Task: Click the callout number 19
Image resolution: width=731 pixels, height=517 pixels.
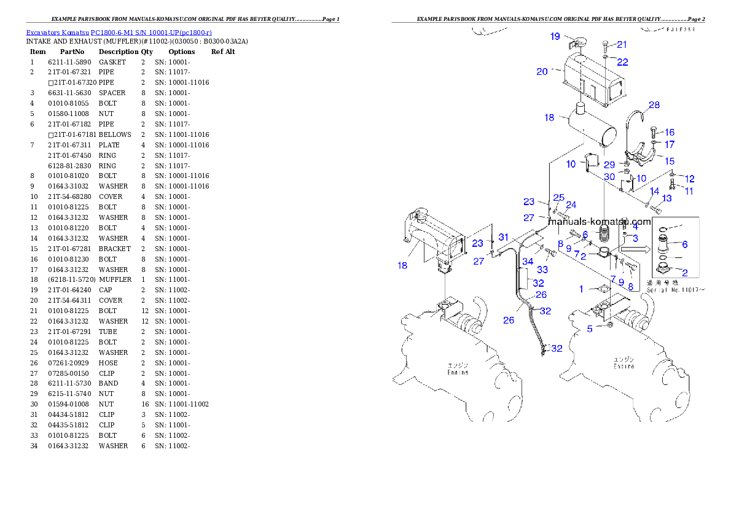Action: [555, 37]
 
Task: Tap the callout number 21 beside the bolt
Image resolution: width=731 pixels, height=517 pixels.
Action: [622, 44]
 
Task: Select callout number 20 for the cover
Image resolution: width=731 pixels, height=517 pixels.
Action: [542, 72]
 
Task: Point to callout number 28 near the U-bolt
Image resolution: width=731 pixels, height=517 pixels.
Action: [654, 105]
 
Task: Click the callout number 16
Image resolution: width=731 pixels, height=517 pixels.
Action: [669, 132]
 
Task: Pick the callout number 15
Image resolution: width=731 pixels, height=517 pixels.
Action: [669, 161]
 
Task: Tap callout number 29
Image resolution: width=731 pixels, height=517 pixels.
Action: [609, 165]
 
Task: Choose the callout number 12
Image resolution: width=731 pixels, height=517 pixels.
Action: [689, 179]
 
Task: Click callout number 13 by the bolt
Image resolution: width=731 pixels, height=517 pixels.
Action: [666, 198]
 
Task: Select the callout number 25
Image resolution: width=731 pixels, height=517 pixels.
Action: [558, 197]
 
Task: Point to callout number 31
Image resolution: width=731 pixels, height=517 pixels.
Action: [503, 237]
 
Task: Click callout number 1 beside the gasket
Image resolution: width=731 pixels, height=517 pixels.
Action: [582, 289]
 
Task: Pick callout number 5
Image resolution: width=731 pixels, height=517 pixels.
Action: [590, 328]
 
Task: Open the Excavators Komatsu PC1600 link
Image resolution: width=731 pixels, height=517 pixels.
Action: [119, 33]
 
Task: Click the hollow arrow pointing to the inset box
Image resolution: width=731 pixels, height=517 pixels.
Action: [631, 249]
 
